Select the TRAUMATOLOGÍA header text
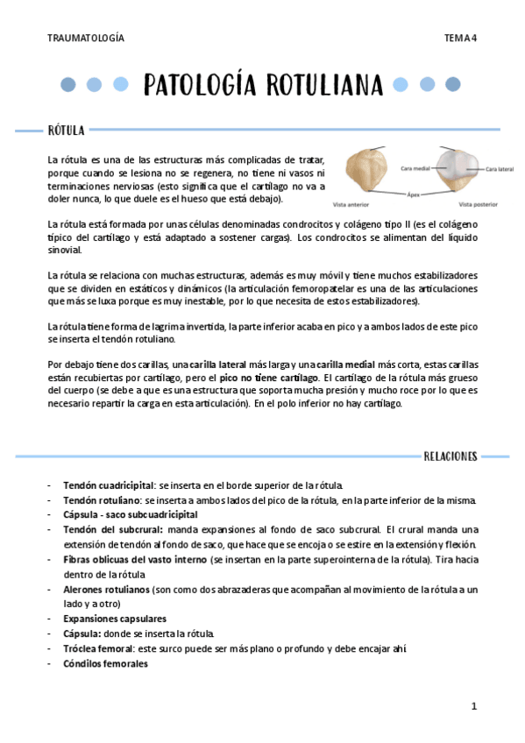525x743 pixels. click(x=86, y=38)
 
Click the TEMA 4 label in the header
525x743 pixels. click(x=460, y=38)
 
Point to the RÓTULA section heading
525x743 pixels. click(x=66, y=131)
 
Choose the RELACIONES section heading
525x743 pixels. click(x=450, y=456)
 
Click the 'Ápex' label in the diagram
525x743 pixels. click(x=415, y=195)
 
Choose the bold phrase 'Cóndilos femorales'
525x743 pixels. click(x=105, y=663)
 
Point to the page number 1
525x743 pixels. click(x=473, y=705)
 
